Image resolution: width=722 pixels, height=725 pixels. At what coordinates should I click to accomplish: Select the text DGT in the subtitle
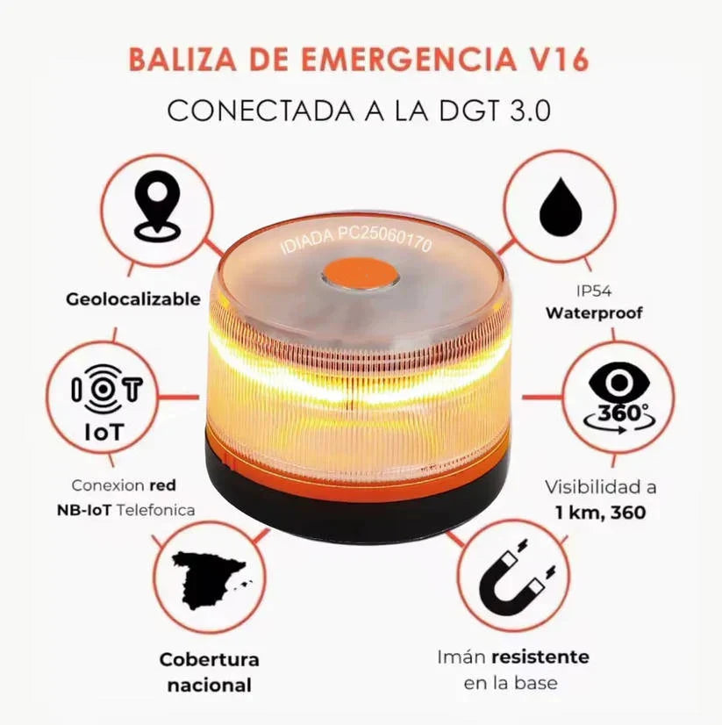point(457,111)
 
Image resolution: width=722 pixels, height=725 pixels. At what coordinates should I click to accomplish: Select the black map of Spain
point(208,581)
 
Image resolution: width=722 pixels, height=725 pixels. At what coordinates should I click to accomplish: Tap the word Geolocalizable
point(133,299)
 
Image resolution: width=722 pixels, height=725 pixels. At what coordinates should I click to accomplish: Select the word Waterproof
point(594,312)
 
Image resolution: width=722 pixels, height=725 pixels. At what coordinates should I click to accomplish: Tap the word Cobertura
point(209,659)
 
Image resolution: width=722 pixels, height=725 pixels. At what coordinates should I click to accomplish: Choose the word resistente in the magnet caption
point(540,657)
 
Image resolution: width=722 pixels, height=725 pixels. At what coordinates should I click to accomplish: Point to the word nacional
point(209,686)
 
